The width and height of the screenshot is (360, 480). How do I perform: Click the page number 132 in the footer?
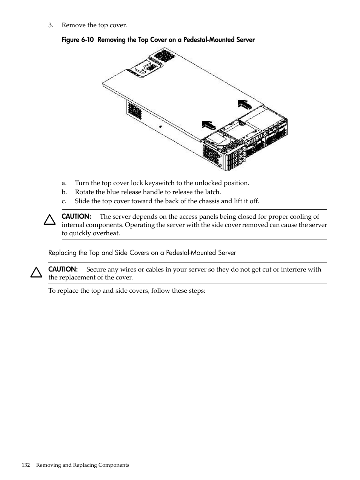coord(26,465)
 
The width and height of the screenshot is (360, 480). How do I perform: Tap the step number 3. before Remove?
coord(51,25)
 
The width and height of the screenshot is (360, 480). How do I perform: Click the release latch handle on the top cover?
coord(140,69)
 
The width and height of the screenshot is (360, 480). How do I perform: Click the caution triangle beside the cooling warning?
coord(49,219)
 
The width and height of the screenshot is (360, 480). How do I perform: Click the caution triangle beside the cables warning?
coord(36,272)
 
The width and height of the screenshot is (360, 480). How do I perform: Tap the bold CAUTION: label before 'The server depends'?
coord(76,216)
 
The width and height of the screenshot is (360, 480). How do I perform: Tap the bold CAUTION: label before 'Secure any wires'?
coord(63,269)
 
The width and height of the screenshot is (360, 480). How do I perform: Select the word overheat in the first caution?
coord(107,233)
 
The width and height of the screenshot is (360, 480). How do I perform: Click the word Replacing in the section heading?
coord(62,253)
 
